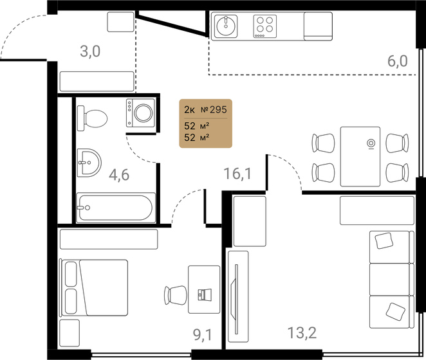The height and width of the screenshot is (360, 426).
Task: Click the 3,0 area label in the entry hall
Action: (x=90, y=51)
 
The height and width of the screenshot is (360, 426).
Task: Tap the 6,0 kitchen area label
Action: (x=398, y=61)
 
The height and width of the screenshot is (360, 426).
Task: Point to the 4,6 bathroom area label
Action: (x=119, y=175)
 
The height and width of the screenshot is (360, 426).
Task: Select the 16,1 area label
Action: (x=237, y=174)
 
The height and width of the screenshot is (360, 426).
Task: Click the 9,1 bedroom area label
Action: (x=203, y=335)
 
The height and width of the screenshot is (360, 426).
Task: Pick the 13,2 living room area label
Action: (x=302, y=332)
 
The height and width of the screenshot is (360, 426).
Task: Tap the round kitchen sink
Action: (x=226, y=26)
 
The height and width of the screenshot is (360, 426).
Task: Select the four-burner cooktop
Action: (x=265, y=26)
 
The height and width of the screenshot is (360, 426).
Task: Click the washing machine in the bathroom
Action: (x=140, y=113)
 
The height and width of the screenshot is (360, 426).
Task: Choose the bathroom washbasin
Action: (x=89, y=163)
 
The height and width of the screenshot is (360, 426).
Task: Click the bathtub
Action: (x=116, y=208)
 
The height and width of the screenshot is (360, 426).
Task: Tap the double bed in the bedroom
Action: (x=93, y=287)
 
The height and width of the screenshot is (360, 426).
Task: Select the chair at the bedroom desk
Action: (x=176, y=295)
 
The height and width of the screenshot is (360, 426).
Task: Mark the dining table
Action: (x=360, y=156)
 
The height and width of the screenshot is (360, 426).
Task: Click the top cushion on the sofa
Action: (x=384, y=240)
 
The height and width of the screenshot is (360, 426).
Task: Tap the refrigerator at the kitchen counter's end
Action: (x=318, y=26)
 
